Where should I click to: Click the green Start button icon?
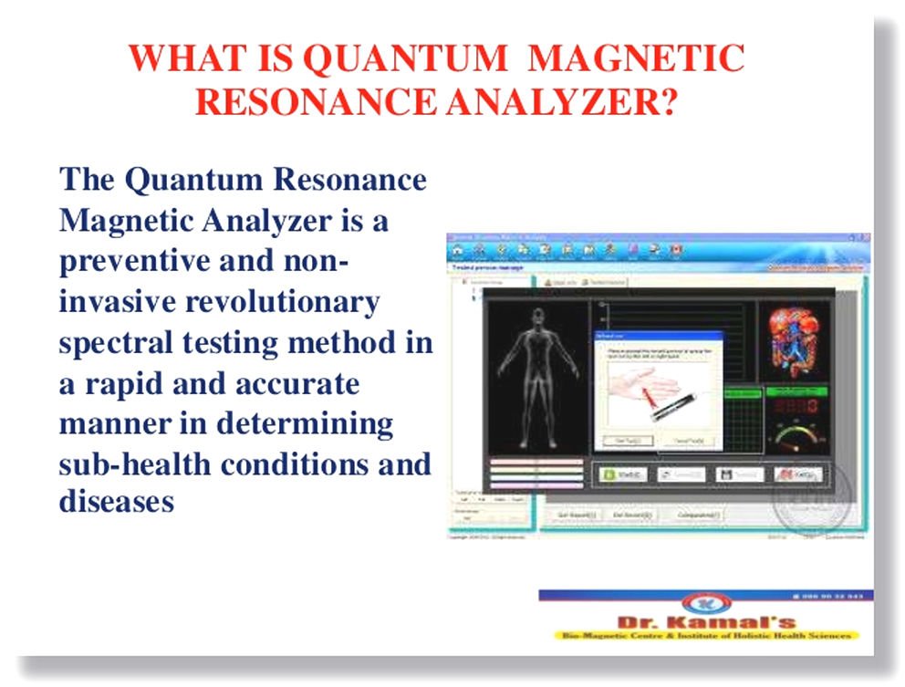point(623,474)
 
